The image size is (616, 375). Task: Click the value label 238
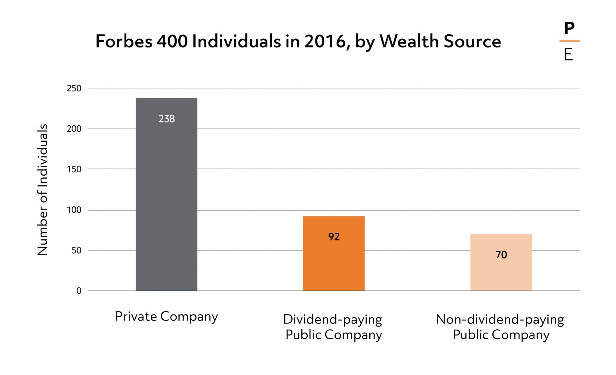pyautogui.click(x=167, y=119)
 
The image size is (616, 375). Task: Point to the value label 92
pyautogui.click(x=334, y=237)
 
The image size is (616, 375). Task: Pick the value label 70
pyautogui.click(x=501, y=255)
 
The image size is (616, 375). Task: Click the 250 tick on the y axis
pyautogui.click(x=74, y=88)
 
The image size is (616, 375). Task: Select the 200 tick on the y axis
pyautogui.click(x=74, y=129)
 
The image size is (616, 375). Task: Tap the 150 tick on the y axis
pyautogui.click(x=74, y=169)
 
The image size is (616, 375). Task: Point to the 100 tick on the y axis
pyautogui.click(x=74, y=210)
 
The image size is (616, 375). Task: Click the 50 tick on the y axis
pyautogui.click(x=76, y=251)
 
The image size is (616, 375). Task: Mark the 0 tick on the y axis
pyautogui.click(x=79, y=291)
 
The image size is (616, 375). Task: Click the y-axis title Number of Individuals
pyautogui.click(x=42, y=189)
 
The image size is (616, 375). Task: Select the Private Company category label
pyautogui.click(x=166, y=317)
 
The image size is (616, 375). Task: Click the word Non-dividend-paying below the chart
pyautogui.click(x=500, y=319)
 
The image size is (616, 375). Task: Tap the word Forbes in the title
pyautogui.click(x=124, y=41)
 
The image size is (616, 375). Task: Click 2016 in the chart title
pyautogui.click(x=325, y=41)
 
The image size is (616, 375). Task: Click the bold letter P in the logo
pyautogui.click(x=569, y=29)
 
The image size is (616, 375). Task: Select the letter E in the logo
pyautogui.click(x=568, y=55)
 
